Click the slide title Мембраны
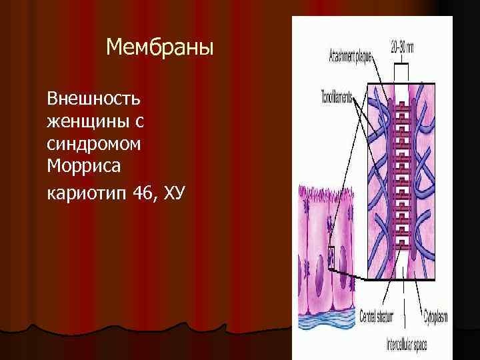[160, 47]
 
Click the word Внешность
[93, 99]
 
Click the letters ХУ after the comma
[175, 193]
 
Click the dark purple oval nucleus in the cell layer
[321, 281]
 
